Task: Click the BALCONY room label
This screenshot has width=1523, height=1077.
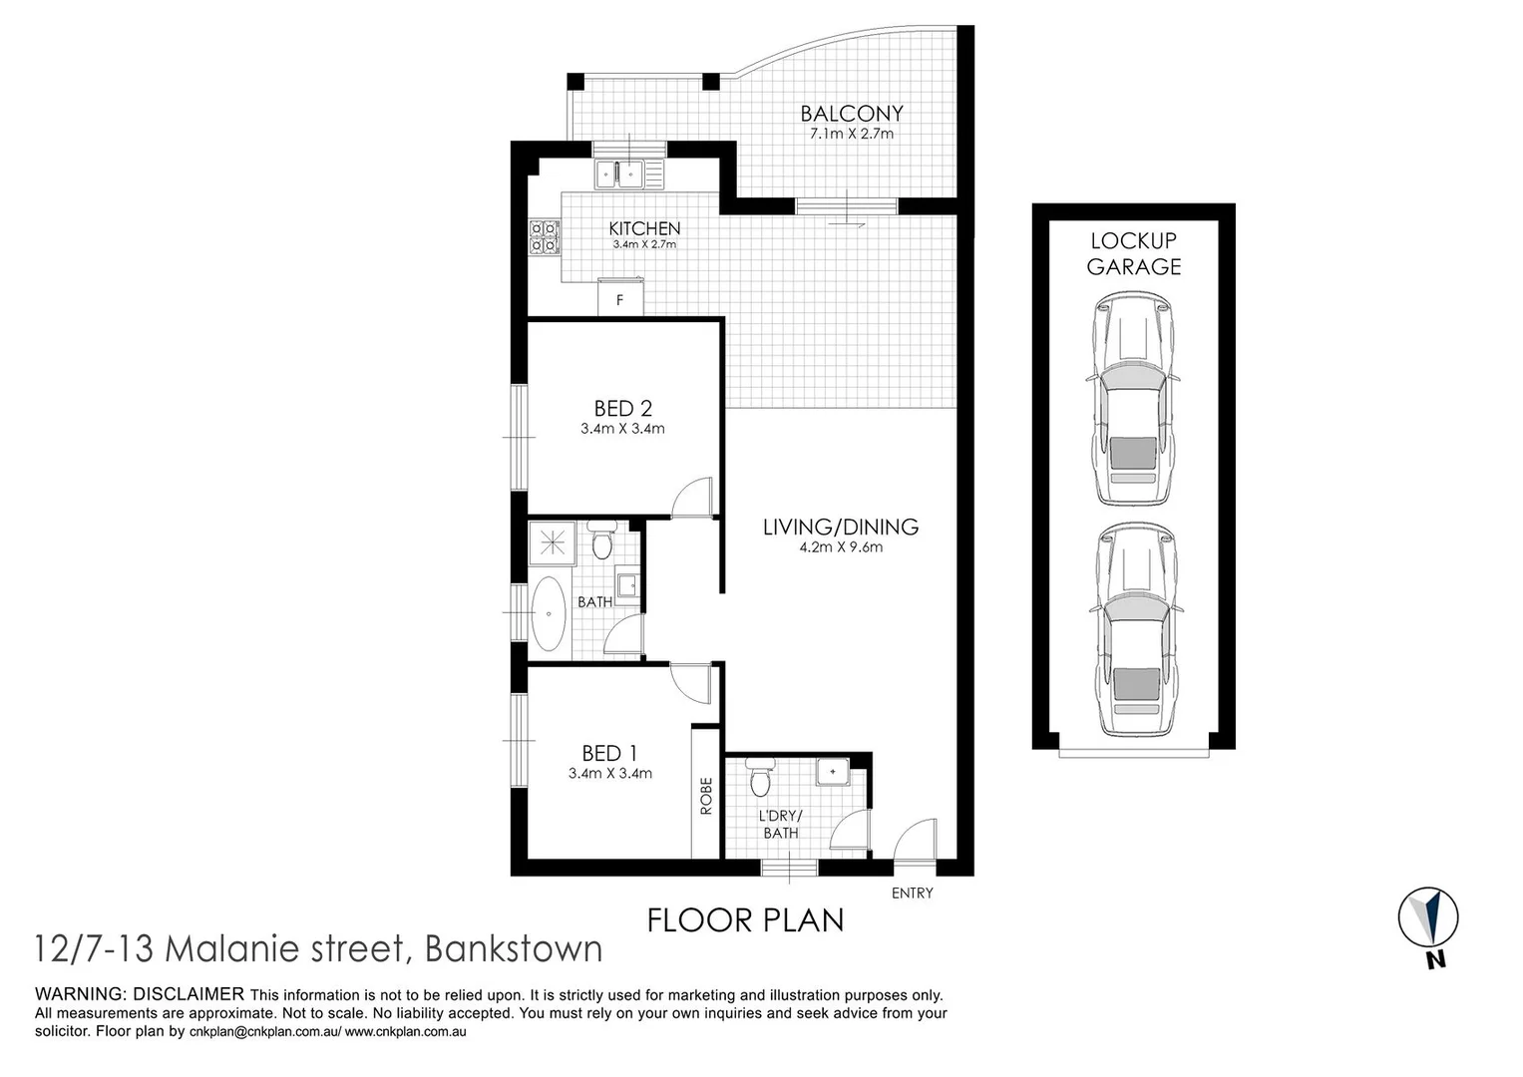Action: click(x=851, y=114)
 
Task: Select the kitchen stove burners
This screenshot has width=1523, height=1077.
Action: click(x=545, y=237)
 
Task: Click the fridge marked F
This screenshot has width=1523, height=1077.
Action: click(x=620, y=298)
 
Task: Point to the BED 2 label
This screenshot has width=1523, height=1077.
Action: click(x=622, y=408)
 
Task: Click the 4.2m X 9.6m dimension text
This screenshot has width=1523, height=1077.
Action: click(x=840, y=546)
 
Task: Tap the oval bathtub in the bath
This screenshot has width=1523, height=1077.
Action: click(x=549, y=613)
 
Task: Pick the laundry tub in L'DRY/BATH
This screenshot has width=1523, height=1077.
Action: click(x=832, y=772)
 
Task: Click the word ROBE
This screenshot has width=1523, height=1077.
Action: click(x=706, y=796)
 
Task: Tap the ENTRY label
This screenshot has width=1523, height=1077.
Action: click(x=912, y=894)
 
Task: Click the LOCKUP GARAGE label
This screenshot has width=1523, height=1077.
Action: click(x=1134, y=253)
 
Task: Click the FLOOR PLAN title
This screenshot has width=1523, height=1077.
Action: click(x=745, y=919)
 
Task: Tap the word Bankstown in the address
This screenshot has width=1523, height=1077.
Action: click(x=514, y=948)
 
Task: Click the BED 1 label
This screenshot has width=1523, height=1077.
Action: click(x=609, y=753)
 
